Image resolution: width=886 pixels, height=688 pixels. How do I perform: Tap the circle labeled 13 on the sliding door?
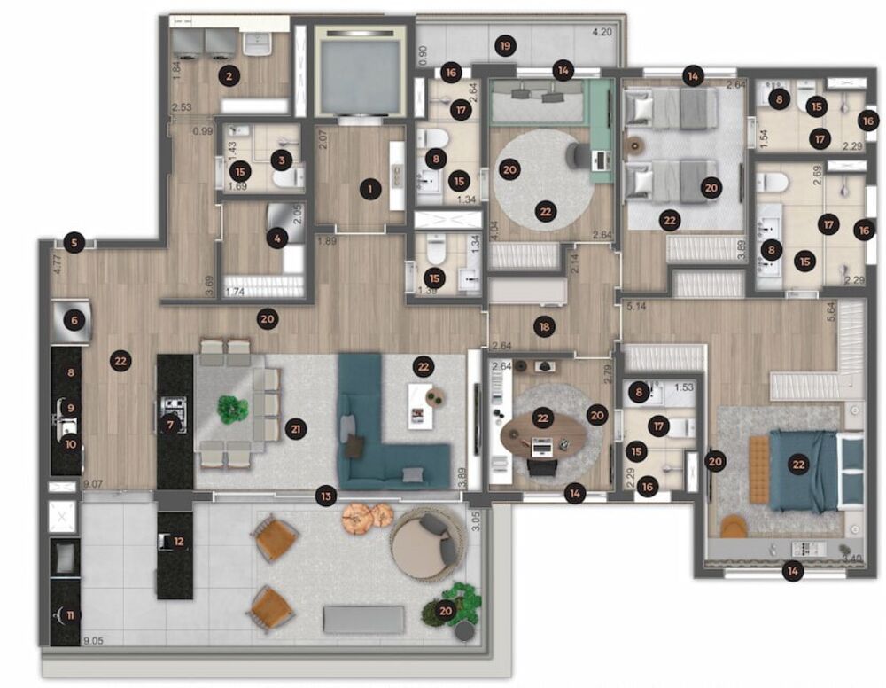click(x=327, y=496)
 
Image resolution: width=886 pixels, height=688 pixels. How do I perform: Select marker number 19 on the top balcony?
click(x=506, y=44)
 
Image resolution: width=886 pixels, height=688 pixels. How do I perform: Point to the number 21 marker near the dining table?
click(x=296, y=429)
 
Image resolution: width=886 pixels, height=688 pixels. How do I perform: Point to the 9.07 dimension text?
click(x=93, y=484)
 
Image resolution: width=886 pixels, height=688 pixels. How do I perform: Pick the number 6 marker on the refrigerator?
click(x=74, y=321)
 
